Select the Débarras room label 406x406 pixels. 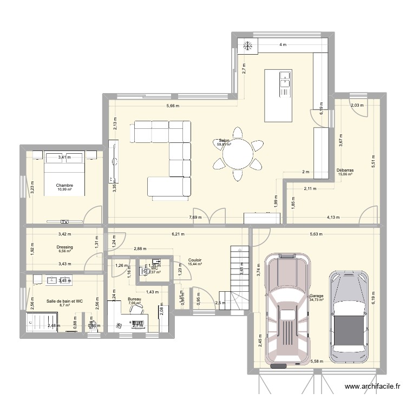click(x=344, y=169)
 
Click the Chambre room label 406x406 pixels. click(x=64, y=186)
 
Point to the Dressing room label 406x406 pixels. click(x=64, y=247)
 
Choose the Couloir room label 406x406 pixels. click(x=195, y=260)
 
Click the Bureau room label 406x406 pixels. click(x=134, y=299)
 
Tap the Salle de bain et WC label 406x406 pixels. click(x=64, y=301)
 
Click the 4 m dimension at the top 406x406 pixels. click(x=283, y=45)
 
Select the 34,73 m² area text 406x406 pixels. click(x=317, y=300)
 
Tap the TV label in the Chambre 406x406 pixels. click(x=65, y=221)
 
